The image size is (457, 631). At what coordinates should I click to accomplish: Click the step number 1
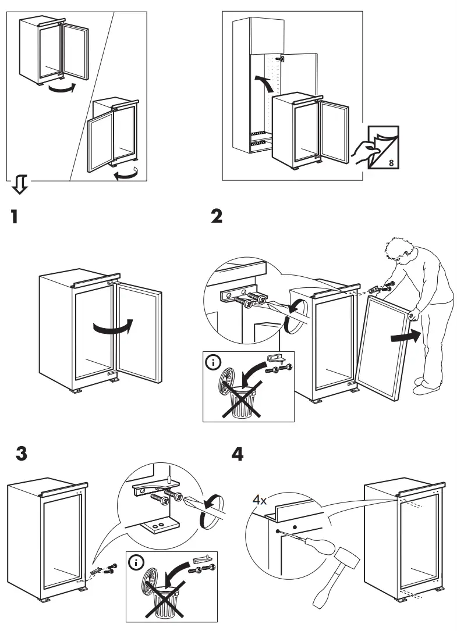click(x=12, y=218)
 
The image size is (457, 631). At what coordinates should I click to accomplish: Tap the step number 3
click(x=22, y=454)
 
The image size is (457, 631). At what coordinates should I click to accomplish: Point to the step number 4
click(x=238, y=454)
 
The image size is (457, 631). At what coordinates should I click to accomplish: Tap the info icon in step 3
click(x=137, y=562)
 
